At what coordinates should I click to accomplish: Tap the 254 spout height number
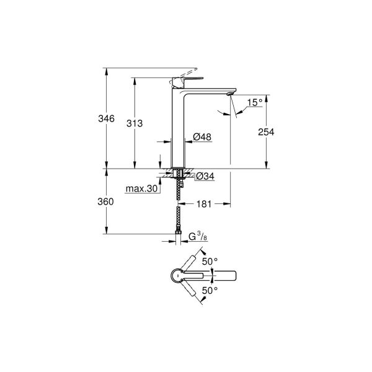pyautogui.click(x=267, y=131)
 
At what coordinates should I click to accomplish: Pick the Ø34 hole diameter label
pyautogui.click(x=205, y=177)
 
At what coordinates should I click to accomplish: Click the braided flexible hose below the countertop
pyautogui.click(x=179, y=217)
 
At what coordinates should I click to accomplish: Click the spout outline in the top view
pyautogui.click(x=223, y=275)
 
